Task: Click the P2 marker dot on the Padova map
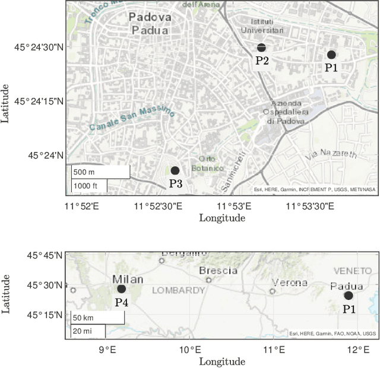coord(261,47)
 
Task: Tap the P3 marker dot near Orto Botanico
coord(175,171)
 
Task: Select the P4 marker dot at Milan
coord(121,289)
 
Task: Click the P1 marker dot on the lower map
coord(348,296)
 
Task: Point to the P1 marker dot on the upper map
coord(331,55)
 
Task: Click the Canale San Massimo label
coord(132,118)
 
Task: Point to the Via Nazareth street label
coord(331,154)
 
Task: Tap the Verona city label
coord(290,283)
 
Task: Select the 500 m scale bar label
coord(84,172)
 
